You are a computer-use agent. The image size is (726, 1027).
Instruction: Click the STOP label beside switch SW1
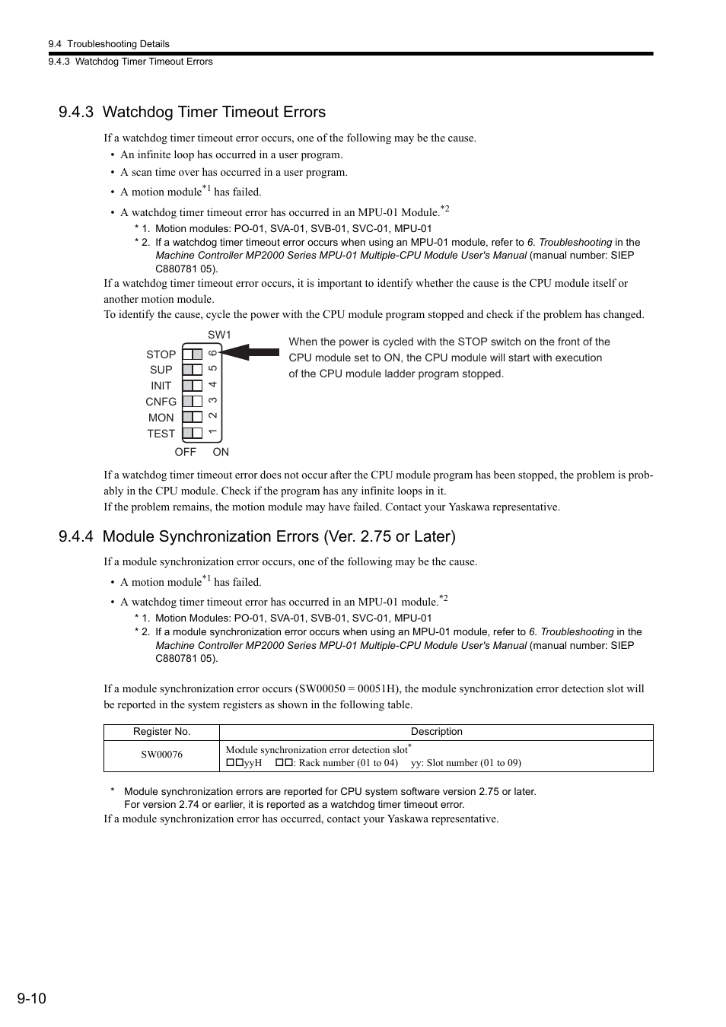pos(161,355)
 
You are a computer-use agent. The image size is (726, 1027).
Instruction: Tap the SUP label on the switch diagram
pos(161,370)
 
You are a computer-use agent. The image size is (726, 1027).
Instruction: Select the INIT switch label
pos(161,386)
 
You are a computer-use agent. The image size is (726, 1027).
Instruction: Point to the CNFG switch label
pos(161,402)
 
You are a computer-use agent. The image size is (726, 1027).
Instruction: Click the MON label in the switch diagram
pos(161,418)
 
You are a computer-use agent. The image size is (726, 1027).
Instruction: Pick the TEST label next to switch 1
pos(161,434)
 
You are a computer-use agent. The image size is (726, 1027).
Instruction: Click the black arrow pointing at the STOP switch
pos(251,351)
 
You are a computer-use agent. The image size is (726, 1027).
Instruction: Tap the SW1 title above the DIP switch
pos(219,335)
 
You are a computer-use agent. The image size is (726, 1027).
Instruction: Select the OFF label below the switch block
pos(185,452)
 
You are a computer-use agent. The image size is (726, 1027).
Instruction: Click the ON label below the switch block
pos(221,452)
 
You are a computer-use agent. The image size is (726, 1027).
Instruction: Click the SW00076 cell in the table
pos(161,755)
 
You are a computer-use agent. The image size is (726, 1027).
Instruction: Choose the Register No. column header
pos(161,732)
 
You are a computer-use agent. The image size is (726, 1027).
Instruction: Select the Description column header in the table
pos(436,732)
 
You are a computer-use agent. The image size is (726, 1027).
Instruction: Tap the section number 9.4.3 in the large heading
pos(76,113)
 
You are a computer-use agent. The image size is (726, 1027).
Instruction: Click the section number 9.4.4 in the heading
pos(76,537)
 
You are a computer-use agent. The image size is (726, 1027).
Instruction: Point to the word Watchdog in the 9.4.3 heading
pos(138,113)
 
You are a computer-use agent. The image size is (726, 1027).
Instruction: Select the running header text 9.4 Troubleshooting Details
pos(108,44)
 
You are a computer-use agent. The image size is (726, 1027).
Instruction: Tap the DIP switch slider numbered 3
pos(193,401)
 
